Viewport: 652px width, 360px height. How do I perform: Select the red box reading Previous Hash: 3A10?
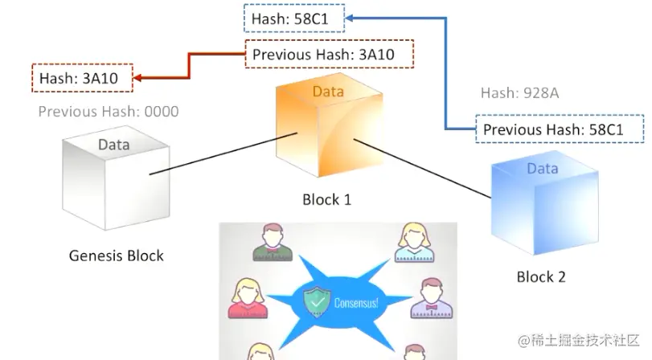(328, 55)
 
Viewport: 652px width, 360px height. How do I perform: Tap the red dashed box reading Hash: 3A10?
(82, 78)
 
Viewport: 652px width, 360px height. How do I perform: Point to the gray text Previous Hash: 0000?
(109, 112)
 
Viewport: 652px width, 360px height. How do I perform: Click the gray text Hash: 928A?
(519, 93)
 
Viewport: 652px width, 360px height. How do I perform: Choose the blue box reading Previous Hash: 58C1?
(553, 129)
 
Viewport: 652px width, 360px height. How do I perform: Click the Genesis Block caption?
(116, 256)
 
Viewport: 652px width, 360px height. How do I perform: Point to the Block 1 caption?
(326, 199)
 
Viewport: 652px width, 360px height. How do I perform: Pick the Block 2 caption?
(541, 277)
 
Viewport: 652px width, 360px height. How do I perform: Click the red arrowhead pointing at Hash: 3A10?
(137, 78)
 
